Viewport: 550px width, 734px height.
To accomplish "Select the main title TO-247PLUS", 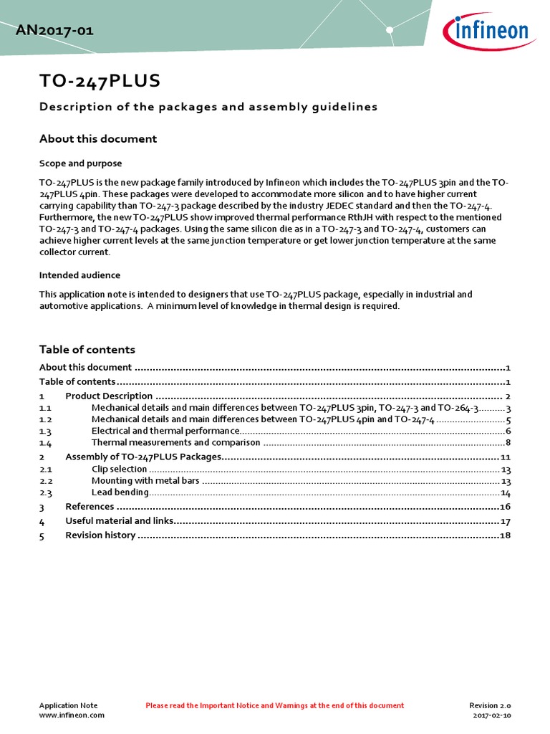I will (100, 82).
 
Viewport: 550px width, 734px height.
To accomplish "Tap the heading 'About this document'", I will (97, 138).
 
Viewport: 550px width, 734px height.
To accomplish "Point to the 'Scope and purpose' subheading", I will (80, 163).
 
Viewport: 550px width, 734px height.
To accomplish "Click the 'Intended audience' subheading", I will (79, 275).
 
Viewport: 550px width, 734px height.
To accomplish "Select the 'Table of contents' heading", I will (87, 350).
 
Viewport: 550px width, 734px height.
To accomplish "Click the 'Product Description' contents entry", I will (109, 396).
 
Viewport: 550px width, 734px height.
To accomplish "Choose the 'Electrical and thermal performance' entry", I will (165, 431).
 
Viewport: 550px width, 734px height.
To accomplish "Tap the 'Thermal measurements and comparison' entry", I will (175, 443).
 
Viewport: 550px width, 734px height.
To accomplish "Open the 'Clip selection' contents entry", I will (119, 469).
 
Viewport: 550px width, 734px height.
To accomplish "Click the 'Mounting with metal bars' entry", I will (145, 481).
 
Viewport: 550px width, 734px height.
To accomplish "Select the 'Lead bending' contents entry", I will (120, 493).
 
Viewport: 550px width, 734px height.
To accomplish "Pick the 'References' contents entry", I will (90, 507).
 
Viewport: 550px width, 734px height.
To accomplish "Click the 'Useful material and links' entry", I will (119, 521).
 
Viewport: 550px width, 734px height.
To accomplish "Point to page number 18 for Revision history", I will (505, 535).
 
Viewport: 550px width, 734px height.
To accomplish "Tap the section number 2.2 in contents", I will (46, 481).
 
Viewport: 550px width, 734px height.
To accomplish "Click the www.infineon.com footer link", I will (72, 715).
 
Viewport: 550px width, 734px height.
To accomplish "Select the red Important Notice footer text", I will (274, 706).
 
